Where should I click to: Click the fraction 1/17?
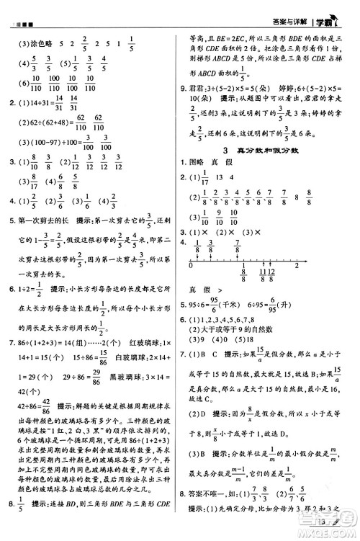click(x=205, y=177)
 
